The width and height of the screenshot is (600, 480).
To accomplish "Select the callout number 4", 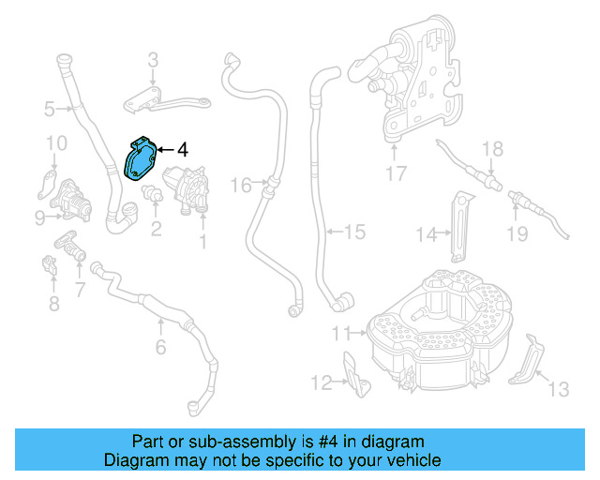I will pyautogui.click(x=183, y=149).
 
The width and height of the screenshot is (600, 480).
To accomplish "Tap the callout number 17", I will pyautogui.click(x=395, y=173).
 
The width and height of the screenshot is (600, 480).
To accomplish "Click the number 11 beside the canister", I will pyautogui.click(x=341, y=332).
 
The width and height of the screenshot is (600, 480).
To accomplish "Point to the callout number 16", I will pyautogui.click(x=242, y=186).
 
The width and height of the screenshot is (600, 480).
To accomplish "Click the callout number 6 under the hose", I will pyautogui.click(x=160, y=348).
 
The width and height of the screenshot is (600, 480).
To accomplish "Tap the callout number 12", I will pyautogui.click(x=322, y=382).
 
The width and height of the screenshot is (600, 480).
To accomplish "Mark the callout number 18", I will pyautogui.click(x=492, y=149).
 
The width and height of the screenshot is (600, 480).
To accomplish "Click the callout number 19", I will pyautogui.click(x=517, y=233).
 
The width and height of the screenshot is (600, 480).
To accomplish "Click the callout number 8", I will pyautogui.click(x=53, y=303).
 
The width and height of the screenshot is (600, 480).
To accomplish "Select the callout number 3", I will pyautogui.click(x=153, y=62).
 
